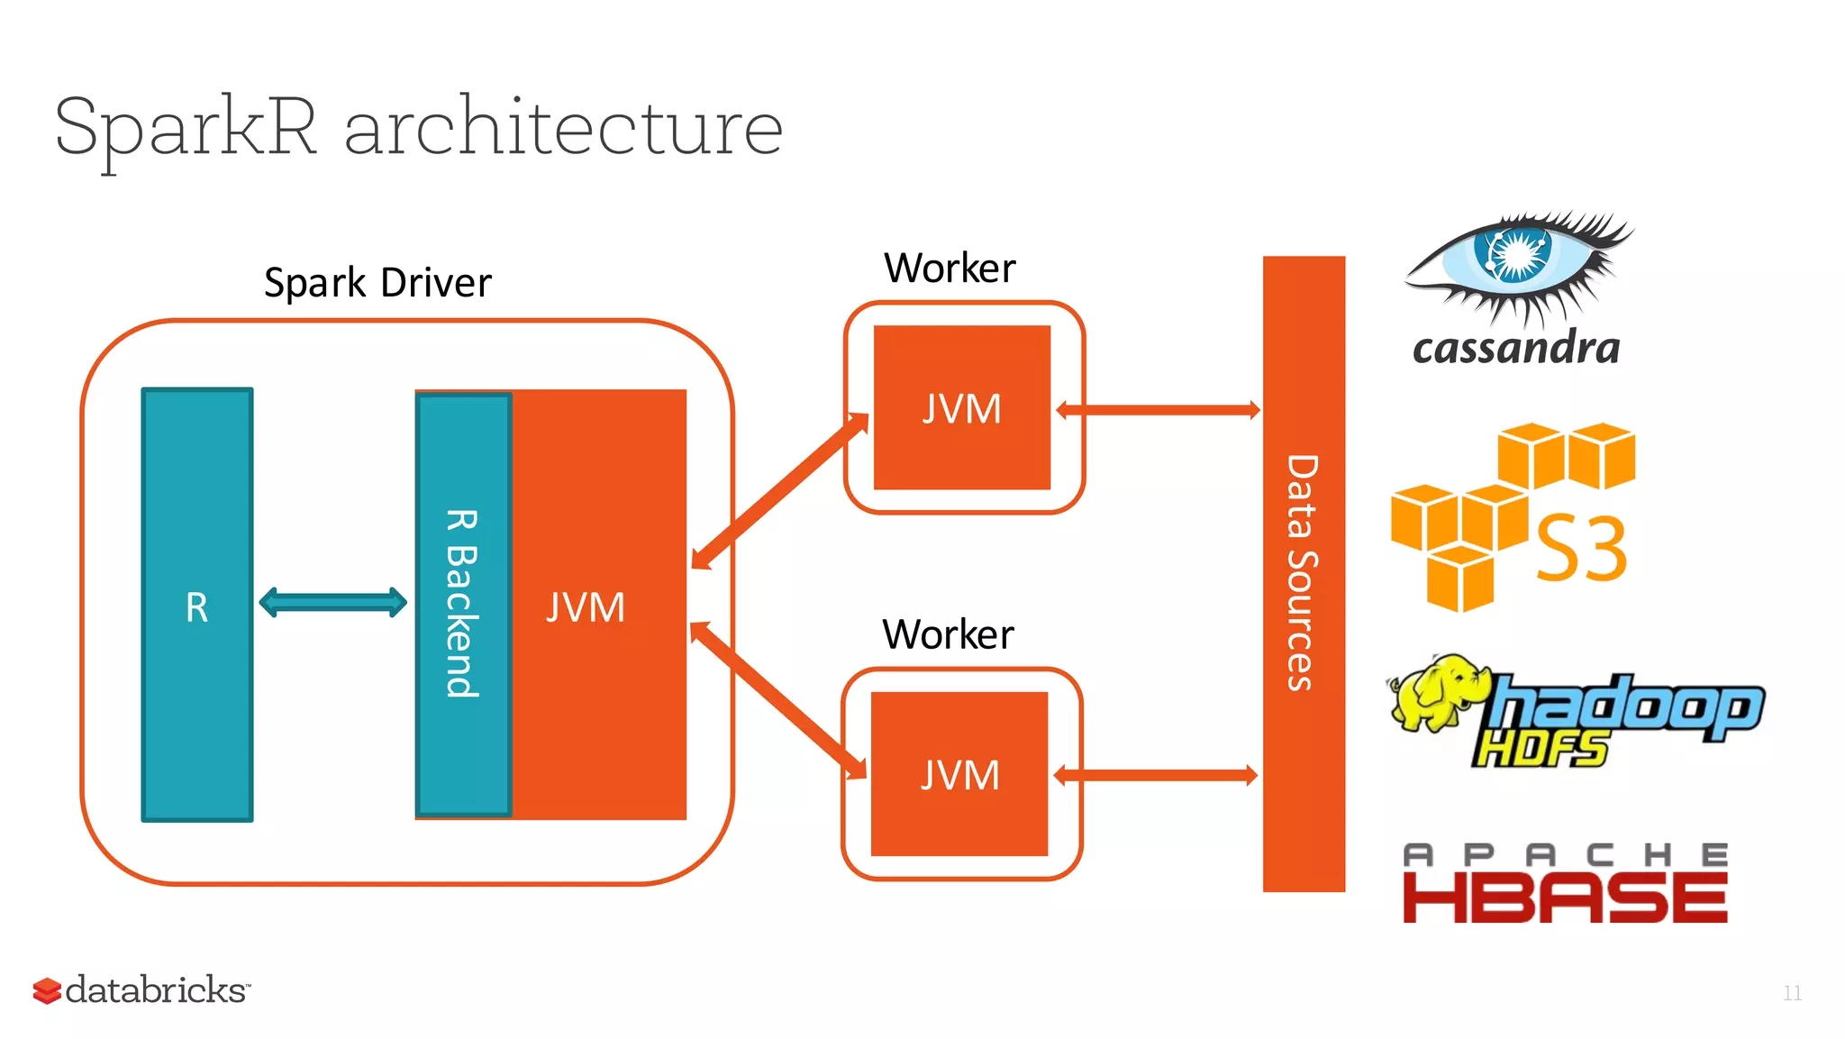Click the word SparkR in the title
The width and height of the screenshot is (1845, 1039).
pyautogui.click(x=186, y=129)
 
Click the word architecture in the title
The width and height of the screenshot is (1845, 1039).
pyautogui.click(x=563, y=129)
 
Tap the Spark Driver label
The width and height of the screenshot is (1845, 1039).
pyautogui.click(x=377, y=283)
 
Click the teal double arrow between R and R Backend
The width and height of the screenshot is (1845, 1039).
pyautogui.click(x=332, y=602)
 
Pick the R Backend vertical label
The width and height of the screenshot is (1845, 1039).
pyautogui.click(x=462, y=604)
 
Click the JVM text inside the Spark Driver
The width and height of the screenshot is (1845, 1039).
pyautogui.click(x=586, y=607)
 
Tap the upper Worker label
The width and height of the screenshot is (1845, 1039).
pyautogui.click(x=950, y=269)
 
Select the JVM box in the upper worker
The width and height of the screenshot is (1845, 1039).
pyautogui.click(x=961, y=408)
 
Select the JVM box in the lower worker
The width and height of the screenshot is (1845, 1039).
pyautogui.click(x=959, y=774)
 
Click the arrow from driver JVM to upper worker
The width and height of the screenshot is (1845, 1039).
pyautogui.click(x=779, y=491)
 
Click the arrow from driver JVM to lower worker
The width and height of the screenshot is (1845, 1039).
pyautogui.click(x=777, y=700)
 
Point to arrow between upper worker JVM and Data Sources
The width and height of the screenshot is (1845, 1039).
pyautogui.click(x=1158, y=411)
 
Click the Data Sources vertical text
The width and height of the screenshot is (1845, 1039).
pyautogui.click(x=1303, y=573)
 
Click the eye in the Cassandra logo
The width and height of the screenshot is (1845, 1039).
pyautogui.click(x=1515, y=257)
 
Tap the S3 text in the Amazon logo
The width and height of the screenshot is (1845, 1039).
pyautogui.click(x=1581, y=548)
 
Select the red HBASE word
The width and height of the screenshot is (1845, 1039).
pyautogui.click(x=1565, y=898)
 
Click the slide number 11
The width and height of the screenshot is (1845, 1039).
pyautogui.click(x=1792, y=993)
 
